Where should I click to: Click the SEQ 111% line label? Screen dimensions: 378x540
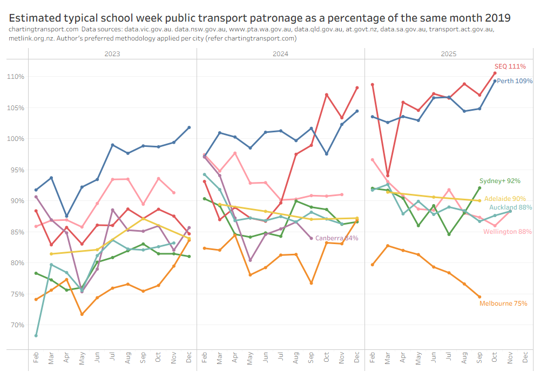(x=510, y=66)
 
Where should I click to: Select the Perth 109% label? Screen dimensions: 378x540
(x=515, y=81)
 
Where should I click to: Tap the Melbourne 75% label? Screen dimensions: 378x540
(x=503, y=303)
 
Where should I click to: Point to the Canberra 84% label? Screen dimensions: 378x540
(x=336, y=238)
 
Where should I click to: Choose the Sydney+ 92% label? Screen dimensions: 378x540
(x=500, y=181)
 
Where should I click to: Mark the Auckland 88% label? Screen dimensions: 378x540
(x=510, y=207)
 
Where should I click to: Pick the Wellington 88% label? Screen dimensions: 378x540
(x=508, y=232)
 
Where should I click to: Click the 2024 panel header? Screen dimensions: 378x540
(x=280, y=54)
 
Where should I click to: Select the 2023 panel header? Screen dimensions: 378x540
(x=112, y=54)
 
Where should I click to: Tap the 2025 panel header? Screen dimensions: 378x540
(x=449, y=54)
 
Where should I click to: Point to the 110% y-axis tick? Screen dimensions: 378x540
(x=16, y=77)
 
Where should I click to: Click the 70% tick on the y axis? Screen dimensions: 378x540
(x=18, y=325)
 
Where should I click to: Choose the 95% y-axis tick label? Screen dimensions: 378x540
(x=18, y=170)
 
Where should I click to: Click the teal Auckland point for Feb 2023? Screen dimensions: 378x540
(x=36, y=335)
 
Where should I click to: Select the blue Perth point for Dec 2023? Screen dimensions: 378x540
(x=189, y=127)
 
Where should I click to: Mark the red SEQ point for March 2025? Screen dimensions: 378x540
(x=388, y=175)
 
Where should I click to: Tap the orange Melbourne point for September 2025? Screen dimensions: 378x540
(x=480, y=296)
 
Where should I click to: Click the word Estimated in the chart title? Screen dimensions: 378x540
(x=37, y=18)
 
